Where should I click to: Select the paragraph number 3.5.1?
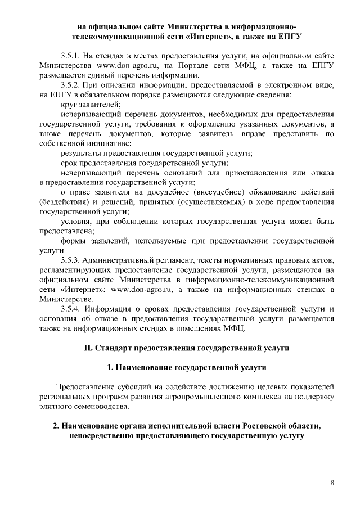pos(71,56)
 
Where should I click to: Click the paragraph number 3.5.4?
pos(71,309)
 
